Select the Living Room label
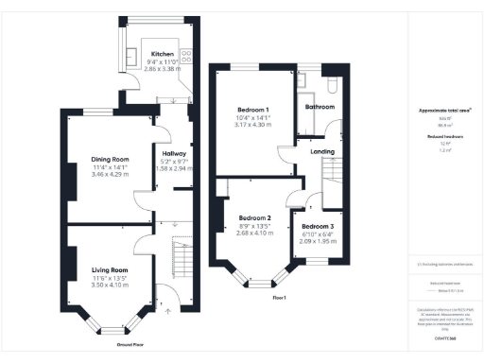110,270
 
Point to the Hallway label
173,153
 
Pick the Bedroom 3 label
318,228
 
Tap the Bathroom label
319,107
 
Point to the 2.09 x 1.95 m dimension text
318,242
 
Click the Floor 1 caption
279,298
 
